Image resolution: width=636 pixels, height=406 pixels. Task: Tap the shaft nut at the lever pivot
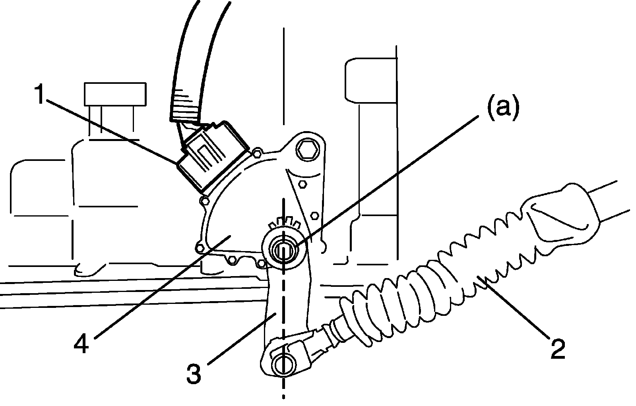[x=283, y=250]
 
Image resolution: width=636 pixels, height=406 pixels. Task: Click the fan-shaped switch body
[x=235, y=215]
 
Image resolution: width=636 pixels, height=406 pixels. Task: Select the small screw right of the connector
[x=257, y=151]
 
